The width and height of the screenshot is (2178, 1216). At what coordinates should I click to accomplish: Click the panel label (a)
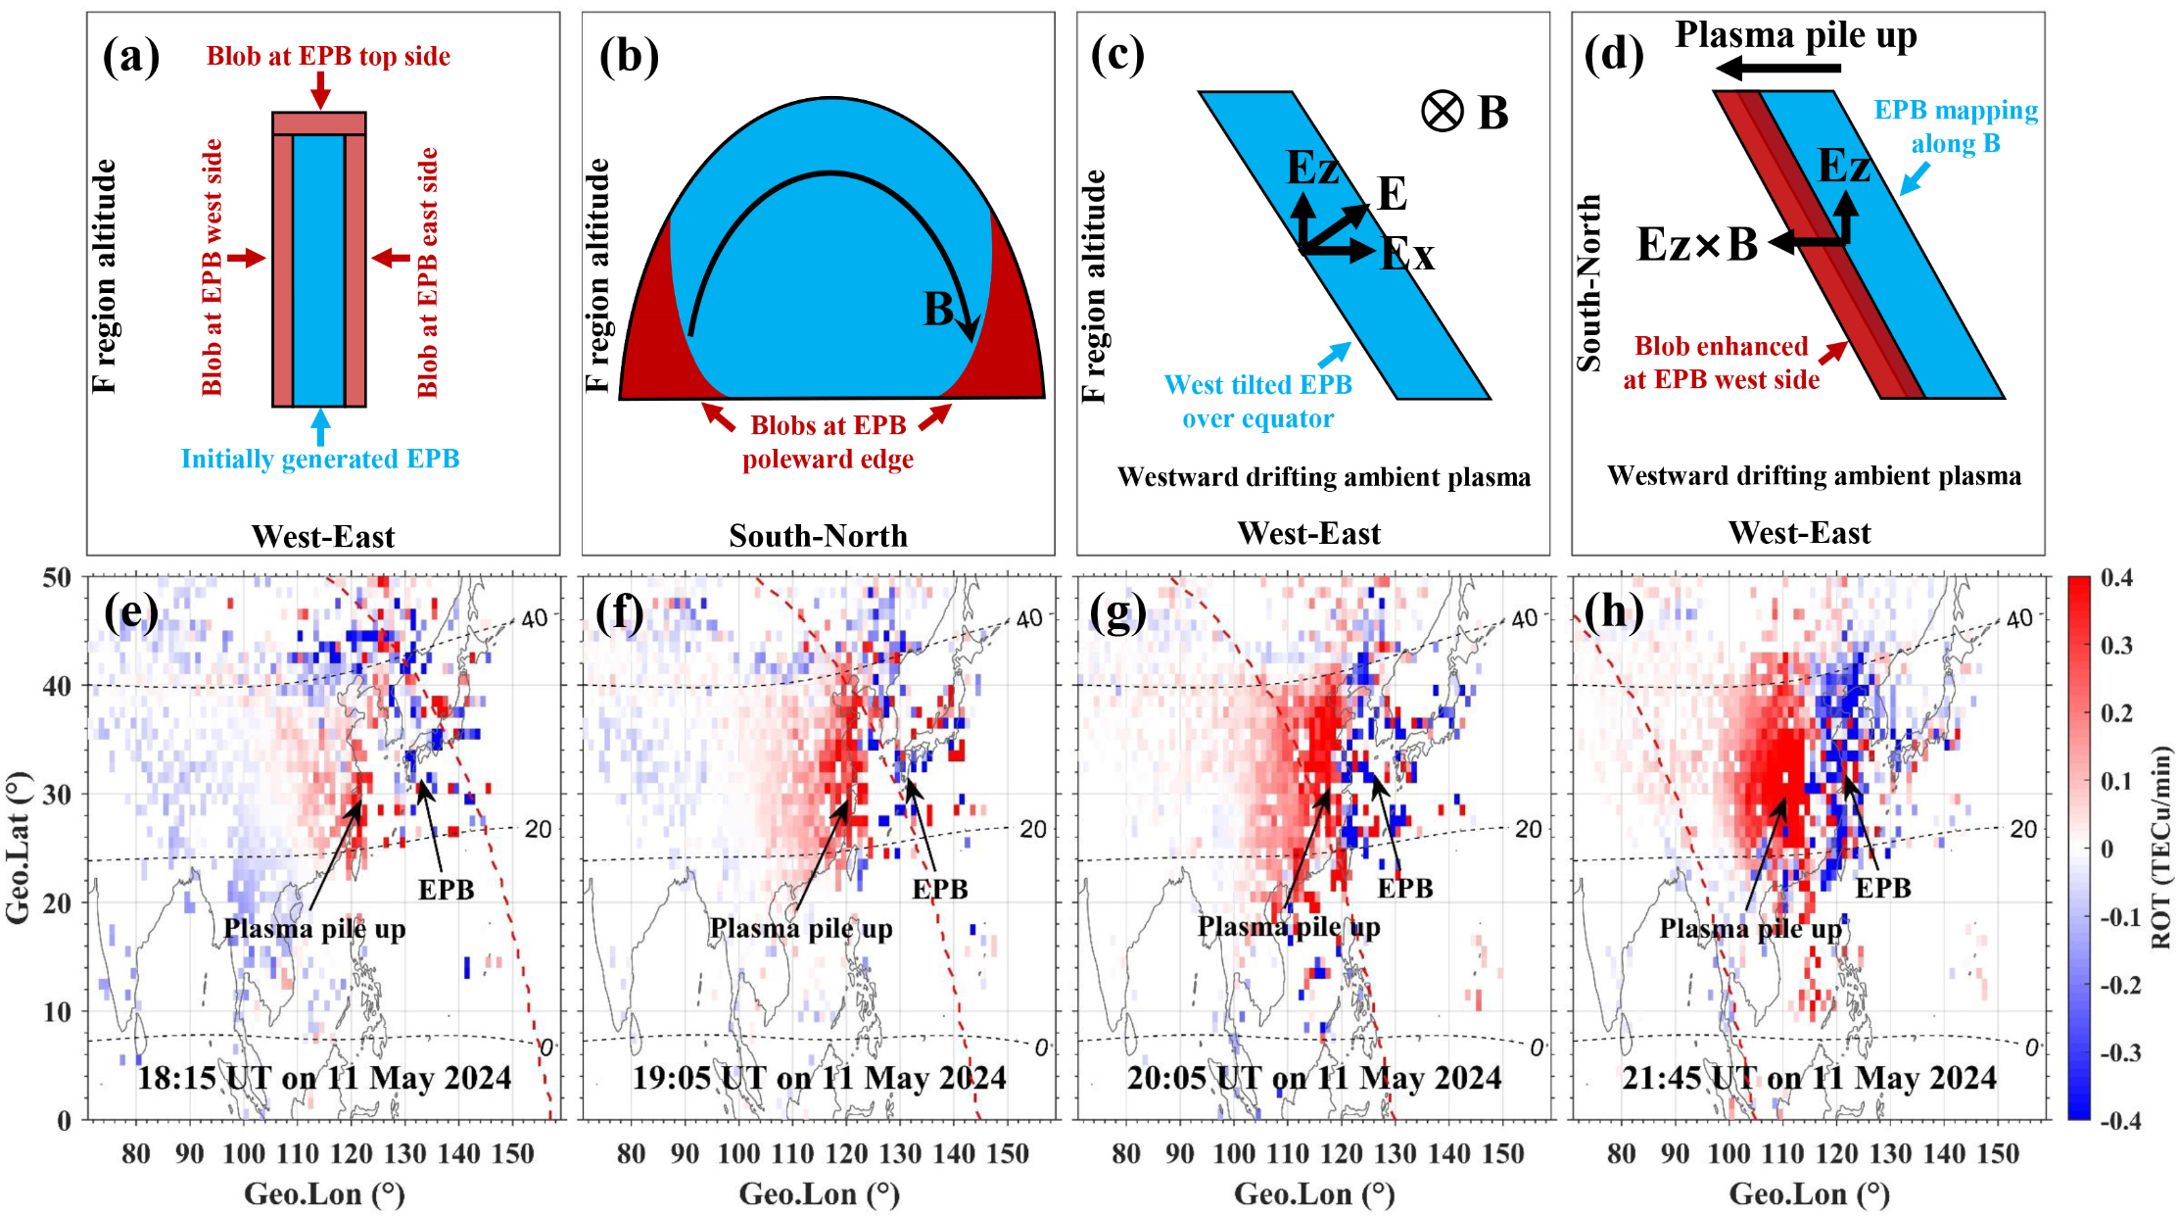pyautogui.click(x=131, y=57)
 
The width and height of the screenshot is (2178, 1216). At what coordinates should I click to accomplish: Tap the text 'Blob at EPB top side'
pyautogui.click(x=328, y=56)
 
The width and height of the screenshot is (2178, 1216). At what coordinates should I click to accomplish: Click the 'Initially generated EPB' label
pyautogui.click(x=320, y=459)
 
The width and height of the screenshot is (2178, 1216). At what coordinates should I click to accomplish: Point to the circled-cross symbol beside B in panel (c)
pyautogui.click(x=1442, y=112)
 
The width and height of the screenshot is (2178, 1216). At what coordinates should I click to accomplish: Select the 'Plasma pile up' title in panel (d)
pyautogui.click(x=1795, y=35)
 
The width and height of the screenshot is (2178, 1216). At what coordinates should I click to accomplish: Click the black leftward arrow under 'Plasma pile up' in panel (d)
pyautogui.click(x=1778, y=68)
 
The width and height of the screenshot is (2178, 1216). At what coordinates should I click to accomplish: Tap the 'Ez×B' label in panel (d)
pyautogui.click(x=1696, y=244)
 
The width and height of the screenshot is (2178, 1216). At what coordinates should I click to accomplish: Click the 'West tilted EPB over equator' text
pyautogui.click(x=1258, y=402)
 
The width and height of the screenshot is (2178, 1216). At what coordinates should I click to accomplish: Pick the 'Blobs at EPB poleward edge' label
pyautogui.click(x=828, y=442)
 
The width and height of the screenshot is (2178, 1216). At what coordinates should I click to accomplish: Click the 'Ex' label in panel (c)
pyautogui.click(x=1407, y=256)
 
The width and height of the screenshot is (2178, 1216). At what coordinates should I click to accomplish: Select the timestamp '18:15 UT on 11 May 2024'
pyautogui.click(x=324, y=1078)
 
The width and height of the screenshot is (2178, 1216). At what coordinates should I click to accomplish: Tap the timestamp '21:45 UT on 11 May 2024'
pyautogui.click(x=1809, y=1078)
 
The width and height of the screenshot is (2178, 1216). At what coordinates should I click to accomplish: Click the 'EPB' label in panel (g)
pyautogui.click(x=1405, y=888)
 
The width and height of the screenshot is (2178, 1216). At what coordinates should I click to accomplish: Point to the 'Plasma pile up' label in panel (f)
pyautogui.click(x=801, y=928)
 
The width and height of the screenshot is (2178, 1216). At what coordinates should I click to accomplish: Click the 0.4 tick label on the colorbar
pyautogui.click(x=2117, y=578)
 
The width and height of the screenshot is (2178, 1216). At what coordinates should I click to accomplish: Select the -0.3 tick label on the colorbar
pyautogui.click(x=2119, y=1052)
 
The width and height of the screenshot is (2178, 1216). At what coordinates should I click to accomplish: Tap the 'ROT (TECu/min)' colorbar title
pyautogui.click(x=2160, y=848)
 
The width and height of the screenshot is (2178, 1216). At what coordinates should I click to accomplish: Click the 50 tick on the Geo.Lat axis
pyautogui.click(x=58, y=578)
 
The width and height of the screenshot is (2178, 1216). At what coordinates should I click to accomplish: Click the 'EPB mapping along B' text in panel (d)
pyautogui.click(x=1956, y=126)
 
